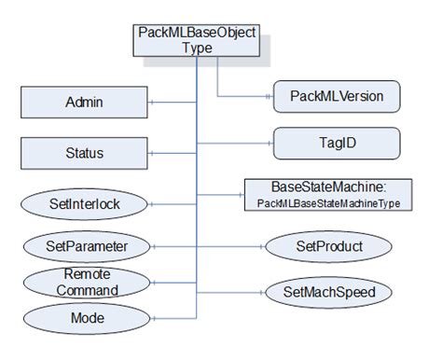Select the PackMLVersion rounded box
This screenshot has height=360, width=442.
click(337, 96)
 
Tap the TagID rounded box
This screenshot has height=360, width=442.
click(337, 143)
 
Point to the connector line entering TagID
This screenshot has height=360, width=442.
click(233, 144)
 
